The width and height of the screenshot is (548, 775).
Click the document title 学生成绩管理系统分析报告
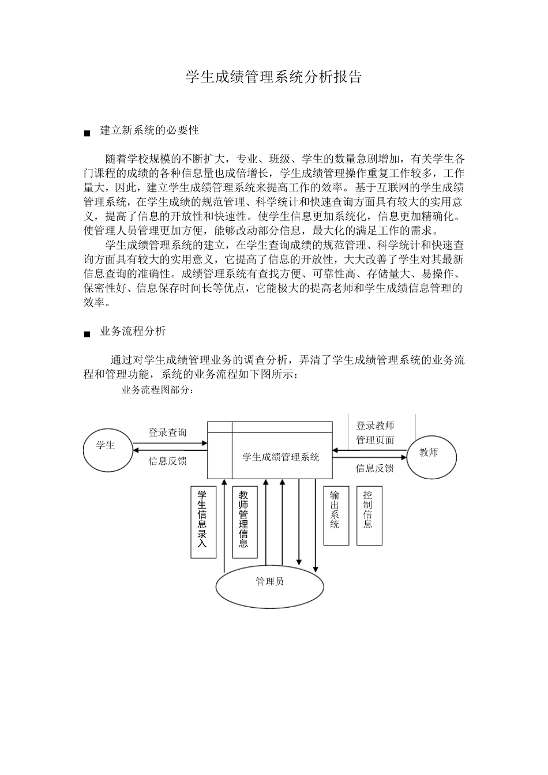click(273, 78)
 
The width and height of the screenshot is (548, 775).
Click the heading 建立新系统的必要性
click(149, 130)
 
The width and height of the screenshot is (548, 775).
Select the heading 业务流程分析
click(133, 331)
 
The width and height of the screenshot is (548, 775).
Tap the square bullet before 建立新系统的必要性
click(87, 134)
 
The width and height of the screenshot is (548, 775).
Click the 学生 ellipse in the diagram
click(106, 450)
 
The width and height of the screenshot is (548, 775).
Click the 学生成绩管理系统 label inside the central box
click(281, 457)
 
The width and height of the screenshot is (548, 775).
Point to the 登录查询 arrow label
click(167, 432)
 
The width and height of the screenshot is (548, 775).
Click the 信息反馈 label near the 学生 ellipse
click(167, 461)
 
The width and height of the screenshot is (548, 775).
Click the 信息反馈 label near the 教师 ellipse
click(374, 468)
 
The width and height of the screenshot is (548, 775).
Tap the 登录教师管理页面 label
click(375, 433)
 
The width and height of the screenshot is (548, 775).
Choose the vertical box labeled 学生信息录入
click(202, 522)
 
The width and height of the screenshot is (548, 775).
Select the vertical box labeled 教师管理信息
click(245, 522)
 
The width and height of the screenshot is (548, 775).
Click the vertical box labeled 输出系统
click(336, 516)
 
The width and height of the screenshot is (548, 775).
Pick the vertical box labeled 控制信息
click(369, 516)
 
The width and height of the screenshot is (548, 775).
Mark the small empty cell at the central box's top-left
click(220, 427)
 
